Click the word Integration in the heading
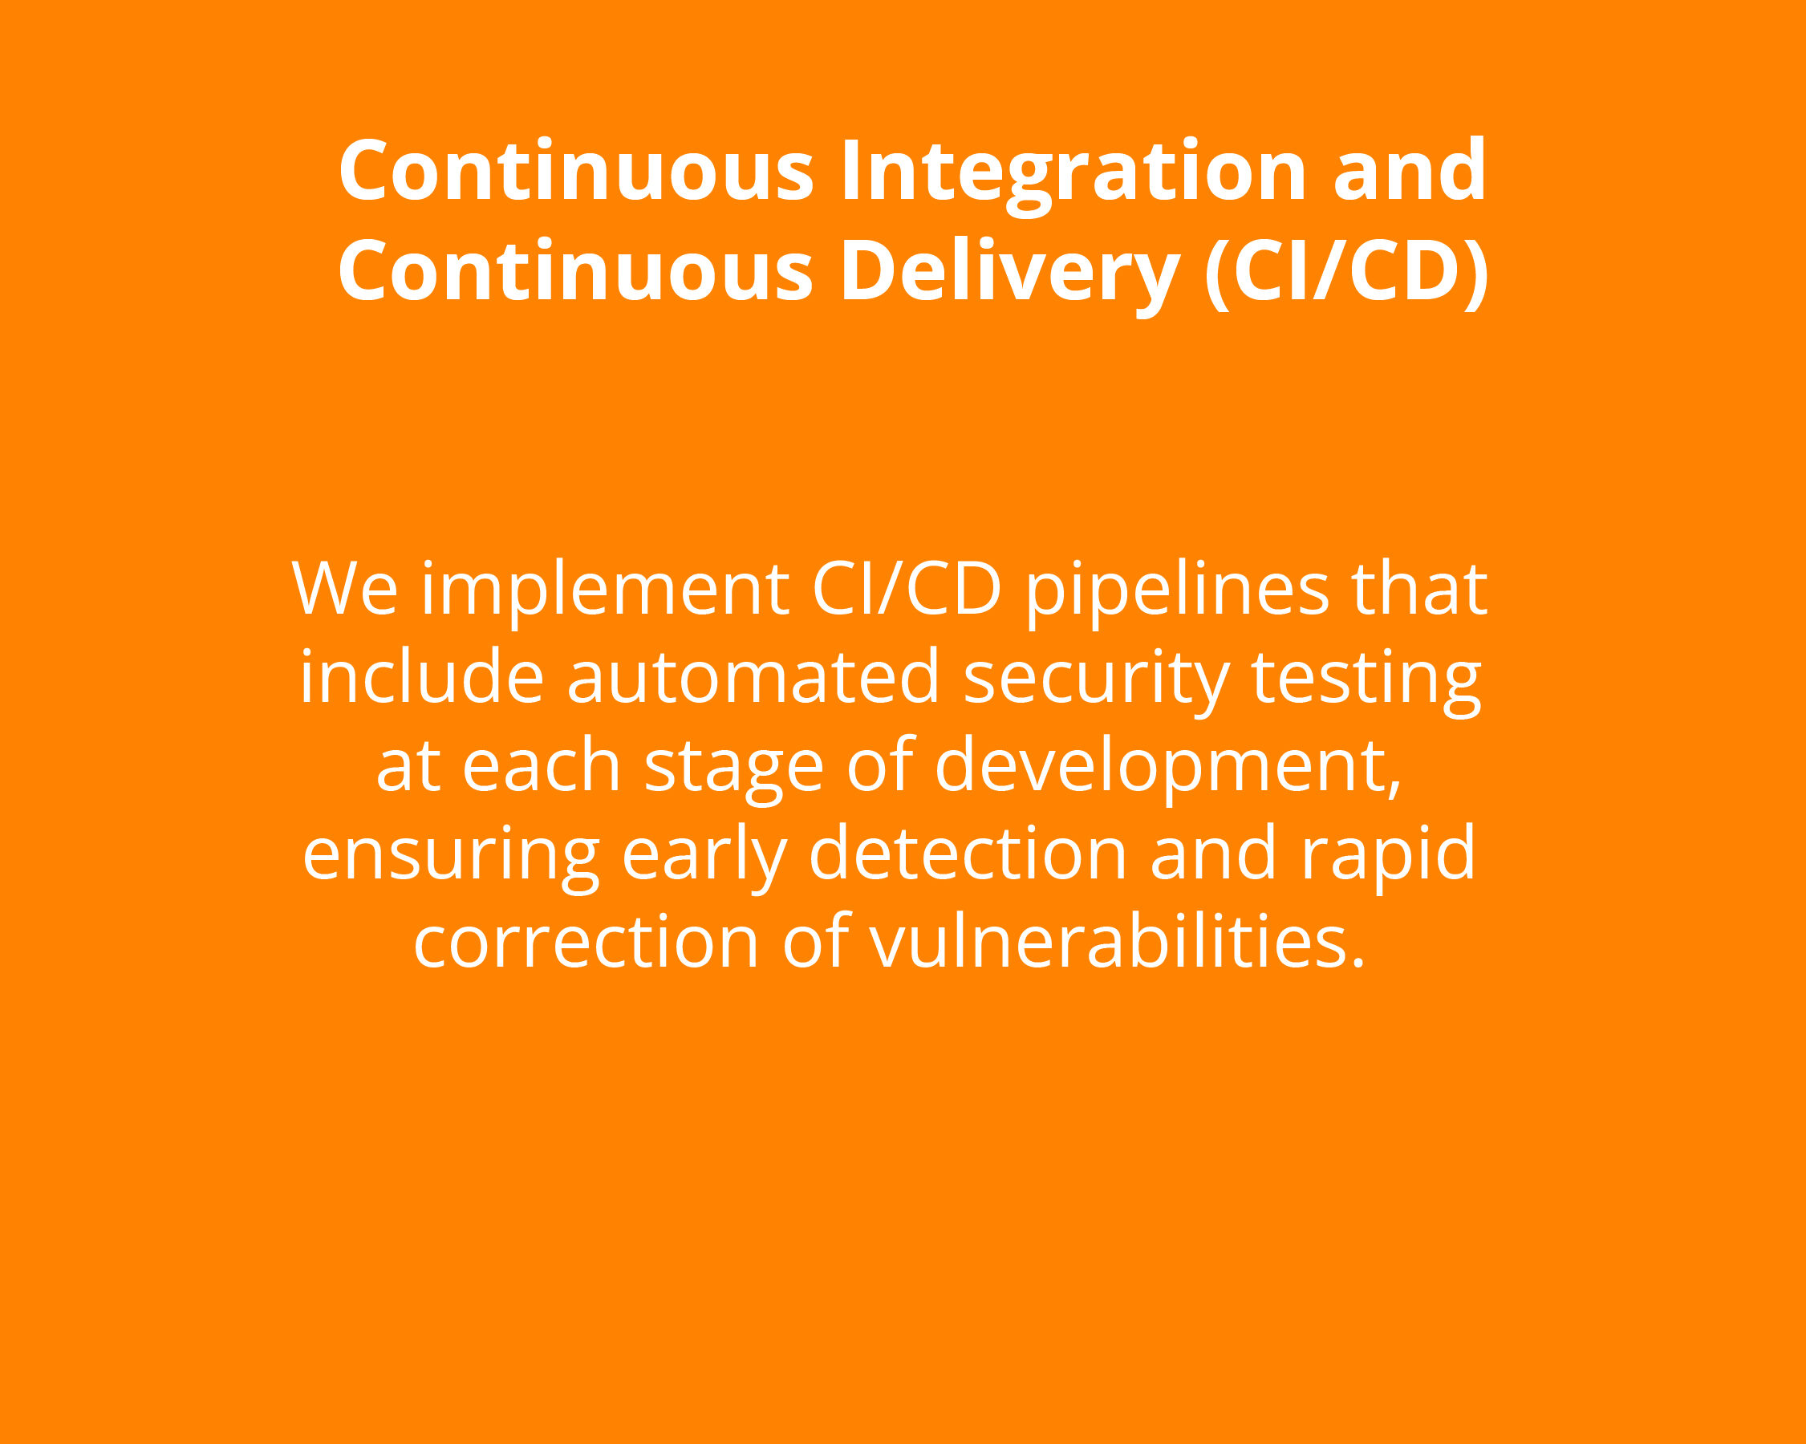1073,176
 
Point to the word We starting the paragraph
344,589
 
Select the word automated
753,676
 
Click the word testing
1367,681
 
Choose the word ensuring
452,858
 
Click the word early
704,858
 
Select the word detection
968,853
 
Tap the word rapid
1387,858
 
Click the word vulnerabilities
1118,941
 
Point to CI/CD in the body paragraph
907,589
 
